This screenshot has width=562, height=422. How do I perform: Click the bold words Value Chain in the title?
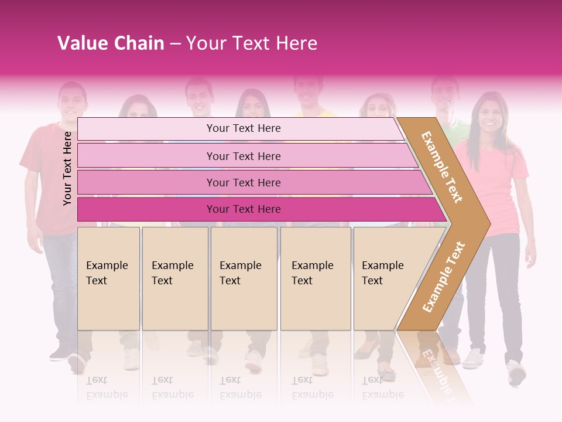pos(111,43)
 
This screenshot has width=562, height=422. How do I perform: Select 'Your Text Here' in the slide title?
pos(252,43)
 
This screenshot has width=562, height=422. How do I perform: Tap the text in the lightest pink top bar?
pos(244,128)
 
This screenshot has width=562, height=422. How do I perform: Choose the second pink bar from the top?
pos(244,156)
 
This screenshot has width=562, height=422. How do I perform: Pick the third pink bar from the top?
pos(244,182)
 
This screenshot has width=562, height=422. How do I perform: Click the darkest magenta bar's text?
pos(244,209)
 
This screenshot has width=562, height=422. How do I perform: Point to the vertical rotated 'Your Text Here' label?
pos(67,168)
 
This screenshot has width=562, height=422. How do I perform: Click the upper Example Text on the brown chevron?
pos(442,167)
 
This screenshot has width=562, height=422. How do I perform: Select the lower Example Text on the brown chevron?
pos(444,277)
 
